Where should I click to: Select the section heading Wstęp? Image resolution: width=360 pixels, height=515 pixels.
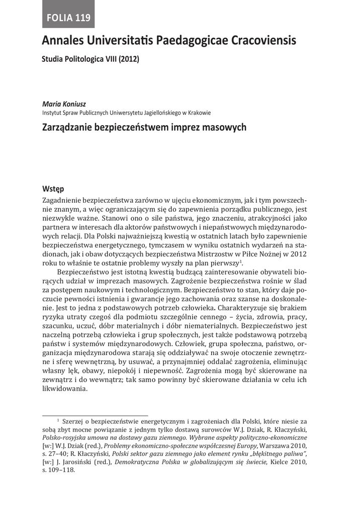pyautogui.click(x=53, y=189)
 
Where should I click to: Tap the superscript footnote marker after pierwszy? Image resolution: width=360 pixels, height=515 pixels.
pyautogui.click(x=241, y=262)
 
